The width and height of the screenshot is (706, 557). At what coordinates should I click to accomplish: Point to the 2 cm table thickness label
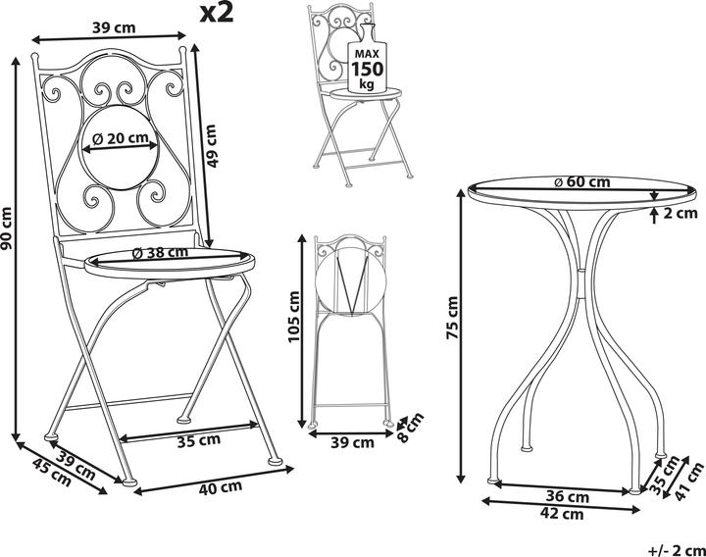(x=681, y=211)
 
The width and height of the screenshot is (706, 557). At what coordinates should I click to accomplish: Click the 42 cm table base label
(x=564, y=513)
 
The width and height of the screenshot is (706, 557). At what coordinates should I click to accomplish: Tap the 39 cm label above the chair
(x=114, y=27)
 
